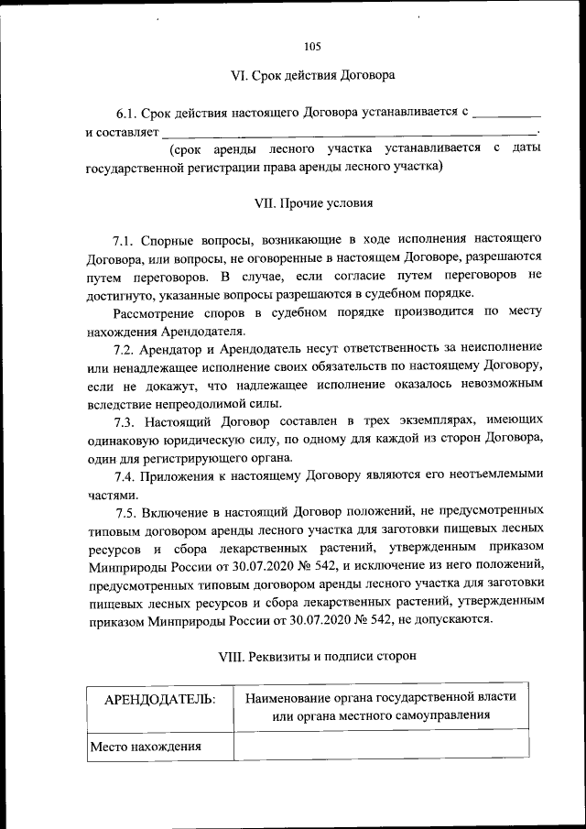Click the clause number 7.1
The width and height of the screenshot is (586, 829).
tap(124, 241)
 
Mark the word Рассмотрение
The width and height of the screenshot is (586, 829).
tap(151, 311)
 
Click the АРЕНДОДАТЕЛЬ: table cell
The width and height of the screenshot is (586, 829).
tap(160, 700)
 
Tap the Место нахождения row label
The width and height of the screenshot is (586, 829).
tap(146, 747)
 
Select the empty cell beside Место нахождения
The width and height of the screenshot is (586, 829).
tap(381, 746)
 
